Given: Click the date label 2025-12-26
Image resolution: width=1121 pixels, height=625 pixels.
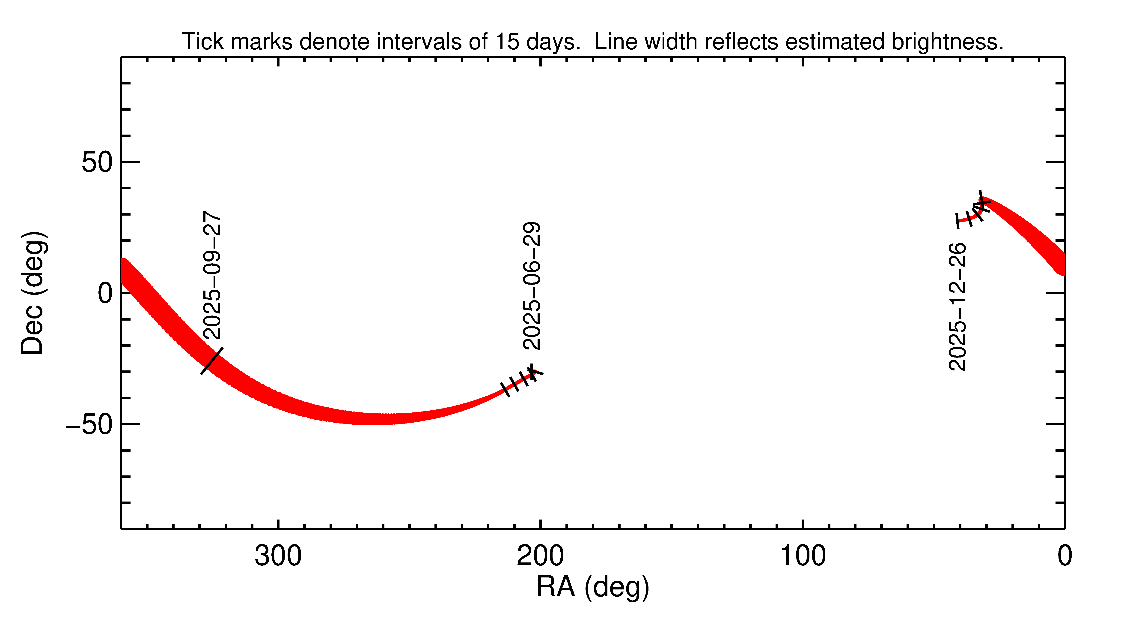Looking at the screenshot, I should coord(957,307).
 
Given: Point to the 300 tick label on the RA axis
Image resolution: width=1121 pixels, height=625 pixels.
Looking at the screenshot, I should coord(278,556).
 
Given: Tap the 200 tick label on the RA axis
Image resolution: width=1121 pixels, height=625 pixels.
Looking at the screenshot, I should coord(540,556).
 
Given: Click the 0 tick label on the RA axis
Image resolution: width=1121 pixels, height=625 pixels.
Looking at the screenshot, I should coord(1065,556).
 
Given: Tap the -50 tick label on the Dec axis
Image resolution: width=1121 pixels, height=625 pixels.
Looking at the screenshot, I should coord(89,425).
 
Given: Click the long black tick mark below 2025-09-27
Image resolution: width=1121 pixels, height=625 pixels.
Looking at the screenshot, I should coord(212,361).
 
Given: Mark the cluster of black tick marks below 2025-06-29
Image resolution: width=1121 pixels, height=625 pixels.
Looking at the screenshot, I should coord(520,380).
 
